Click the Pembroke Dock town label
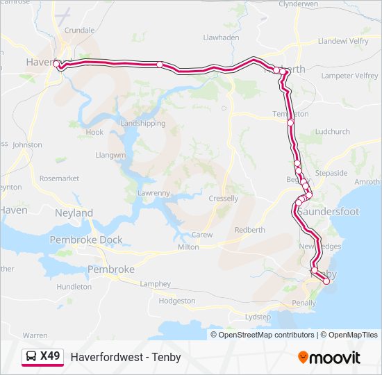pos(86,240)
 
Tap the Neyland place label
pos(74,213)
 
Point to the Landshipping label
pos(143,124)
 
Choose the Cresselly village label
pos(223,199)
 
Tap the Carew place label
pos(202,235)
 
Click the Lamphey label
pos(155,283)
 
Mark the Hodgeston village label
pos(177,301)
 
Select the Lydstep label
pos(258,317)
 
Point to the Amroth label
pos(367,182)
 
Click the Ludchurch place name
pos(332,131)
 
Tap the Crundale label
pos(78,31)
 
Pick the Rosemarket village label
pos(59,178)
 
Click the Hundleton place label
pos(74,286)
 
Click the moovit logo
pos(329,357)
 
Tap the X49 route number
pos(50,357)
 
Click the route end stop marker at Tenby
pos(326,281)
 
